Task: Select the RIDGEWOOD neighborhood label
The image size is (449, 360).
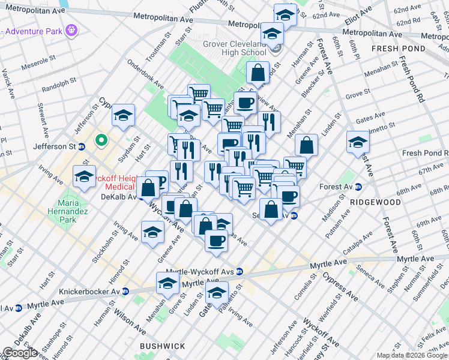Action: pos(376,202)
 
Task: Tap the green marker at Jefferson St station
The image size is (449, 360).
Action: pos(101,142)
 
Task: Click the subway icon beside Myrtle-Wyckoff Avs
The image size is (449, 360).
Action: pos(239,272)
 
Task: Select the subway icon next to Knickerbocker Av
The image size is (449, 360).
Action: pos(125,292)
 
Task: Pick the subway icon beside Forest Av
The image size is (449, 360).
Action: pos(358,187)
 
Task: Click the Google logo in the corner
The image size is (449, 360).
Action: pos(20,353)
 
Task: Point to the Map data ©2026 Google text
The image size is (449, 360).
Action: pos(412,355)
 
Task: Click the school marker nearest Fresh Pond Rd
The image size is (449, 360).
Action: pos(358,143)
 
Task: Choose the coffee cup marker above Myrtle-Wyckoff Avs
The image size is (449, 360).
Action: pos(216,241)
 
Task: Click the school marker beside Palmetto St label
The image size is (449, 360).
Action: pos(217,293)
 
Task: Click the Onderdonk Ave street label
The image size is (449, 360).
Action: pos(145,73)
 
